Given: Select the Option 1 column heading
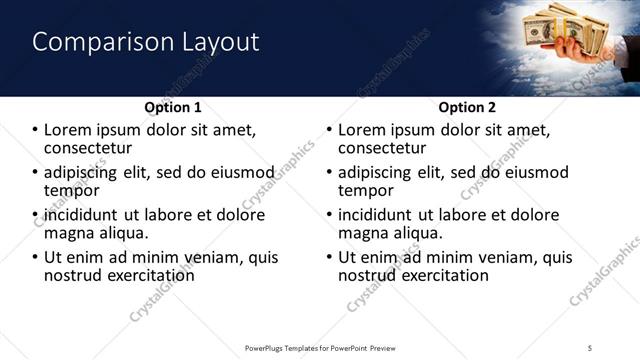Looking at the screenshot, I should pos(173,106).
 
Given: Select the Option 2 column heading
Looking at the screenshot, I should pos(466,106).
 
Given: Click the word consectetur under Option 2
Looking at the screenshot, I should pos(393,148).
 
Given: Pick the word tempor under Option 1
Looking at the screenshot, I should pos(71,190).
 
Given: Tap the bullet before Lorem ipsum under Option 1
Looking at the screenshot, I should pos(37,130).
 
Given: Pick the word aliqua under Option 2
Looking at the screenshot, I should pos(422,233).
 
